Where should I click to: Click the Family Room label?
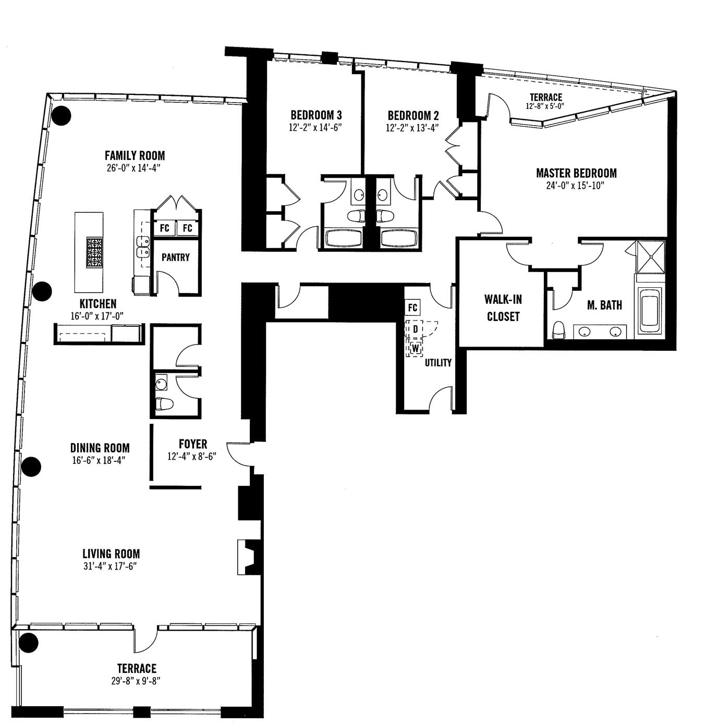coord(135,155)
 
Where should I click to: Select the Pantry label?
coord(175,257)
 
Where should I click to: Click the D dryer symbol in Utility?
coord(416,329)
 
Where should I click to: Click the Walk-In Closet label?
coord(503,308)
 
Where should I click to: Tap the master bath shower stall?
coord(651,256)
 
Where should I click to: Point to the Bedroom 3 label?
coord(316,115)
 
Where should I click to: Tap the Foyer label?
coord(193,444)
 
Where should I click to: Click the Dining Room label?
coord(100,448)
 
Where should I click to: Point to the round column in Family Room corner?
coord(60,116)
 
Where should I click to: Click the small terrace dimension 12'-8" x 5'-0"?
coord(545,106)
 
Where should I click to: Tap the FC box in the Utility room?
coord(412,308)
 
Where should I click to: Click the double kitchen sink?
coord(143,247)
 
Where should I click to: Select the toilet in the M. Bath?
coord(558,330)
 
